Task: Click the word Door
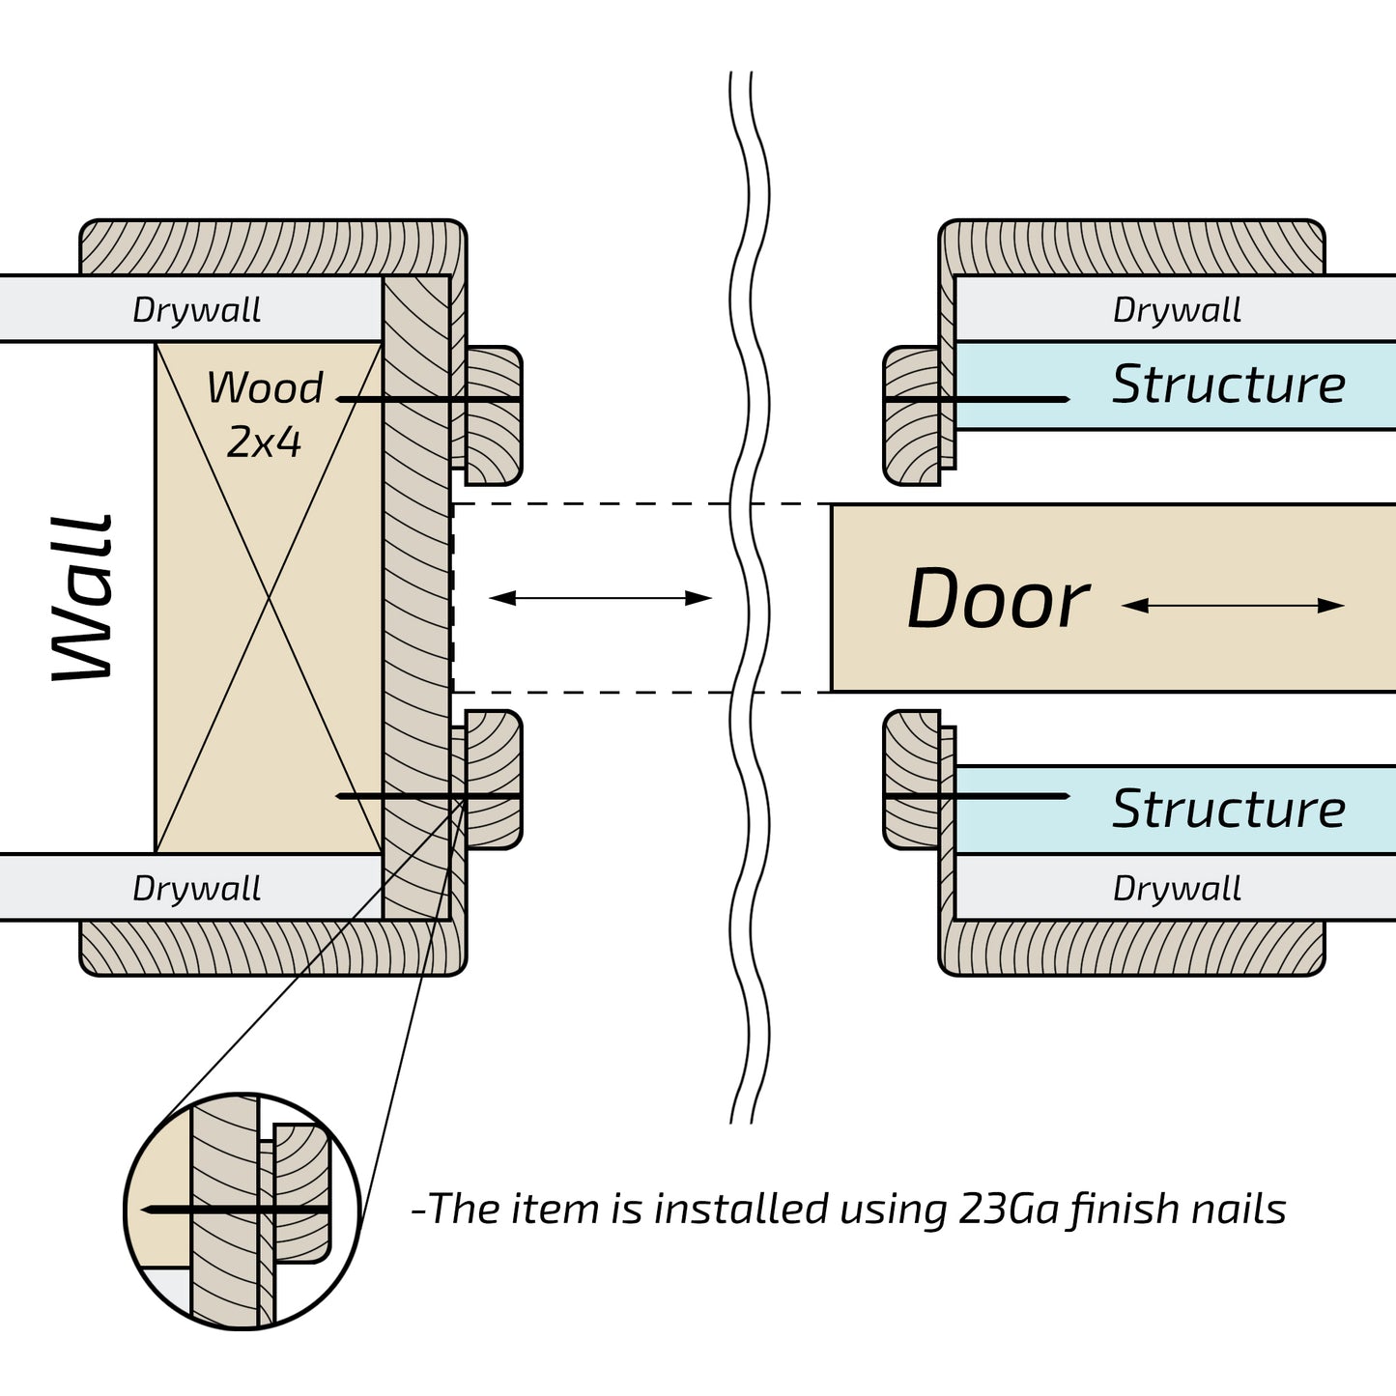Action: [x=998, y=600]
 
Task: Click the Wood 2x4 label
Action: [x=265, y=413]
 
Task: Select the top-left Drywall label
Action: [x=196, y=310]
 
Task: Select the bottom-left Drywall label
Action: [x=196, y=889]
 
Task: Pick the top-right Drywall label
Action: [x=1177, y=310]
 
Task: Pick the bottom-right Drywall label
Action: [x=1177, y=889]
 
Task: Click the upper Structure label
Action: [x=1229, y=385]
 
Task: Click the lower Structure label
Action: [x=1229, y=809]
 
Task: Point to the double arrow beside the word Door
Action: [x=1233, y=606]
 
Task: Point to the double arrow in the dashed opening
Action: [x=600, y=598]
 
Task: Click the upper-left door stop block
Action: [x=495, y=415]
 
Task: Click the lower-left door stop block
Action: [x=495, y=779]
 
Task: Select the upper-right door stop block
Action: [x=912, y=415]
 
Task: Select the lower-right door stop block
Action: [x=912, y=779]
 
